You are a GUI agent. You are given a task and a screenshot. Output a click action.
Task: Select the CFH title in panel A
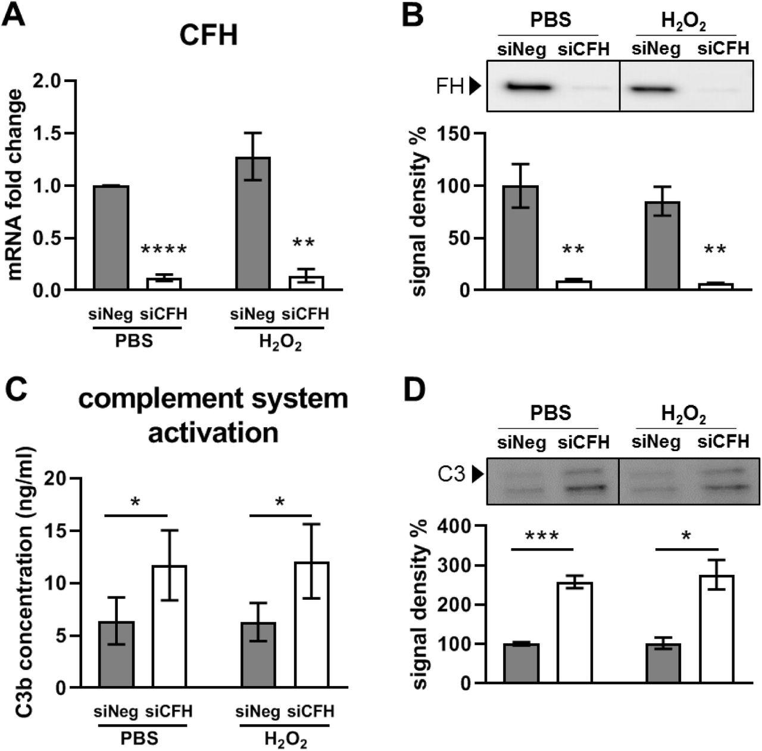208,35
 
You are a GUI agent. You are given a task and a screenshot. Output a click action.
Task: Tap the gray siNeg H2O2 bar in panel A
253,224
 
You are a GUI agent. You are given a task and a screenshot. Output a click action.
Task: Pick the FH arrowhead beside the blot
474,87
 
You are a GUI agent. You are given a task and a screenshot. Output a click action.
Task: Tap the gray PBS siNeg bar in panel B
521,238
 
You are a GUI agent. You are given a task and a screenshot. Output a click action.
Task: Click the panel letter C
14,392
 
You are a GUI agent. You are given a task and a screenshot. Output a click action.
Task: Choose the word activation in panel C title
213,433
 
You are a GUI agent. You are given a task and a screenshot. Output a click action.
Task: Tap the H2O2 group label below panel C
285,740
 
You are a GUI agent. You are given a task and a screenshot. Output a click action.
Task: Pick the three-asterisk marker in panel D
542,536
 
